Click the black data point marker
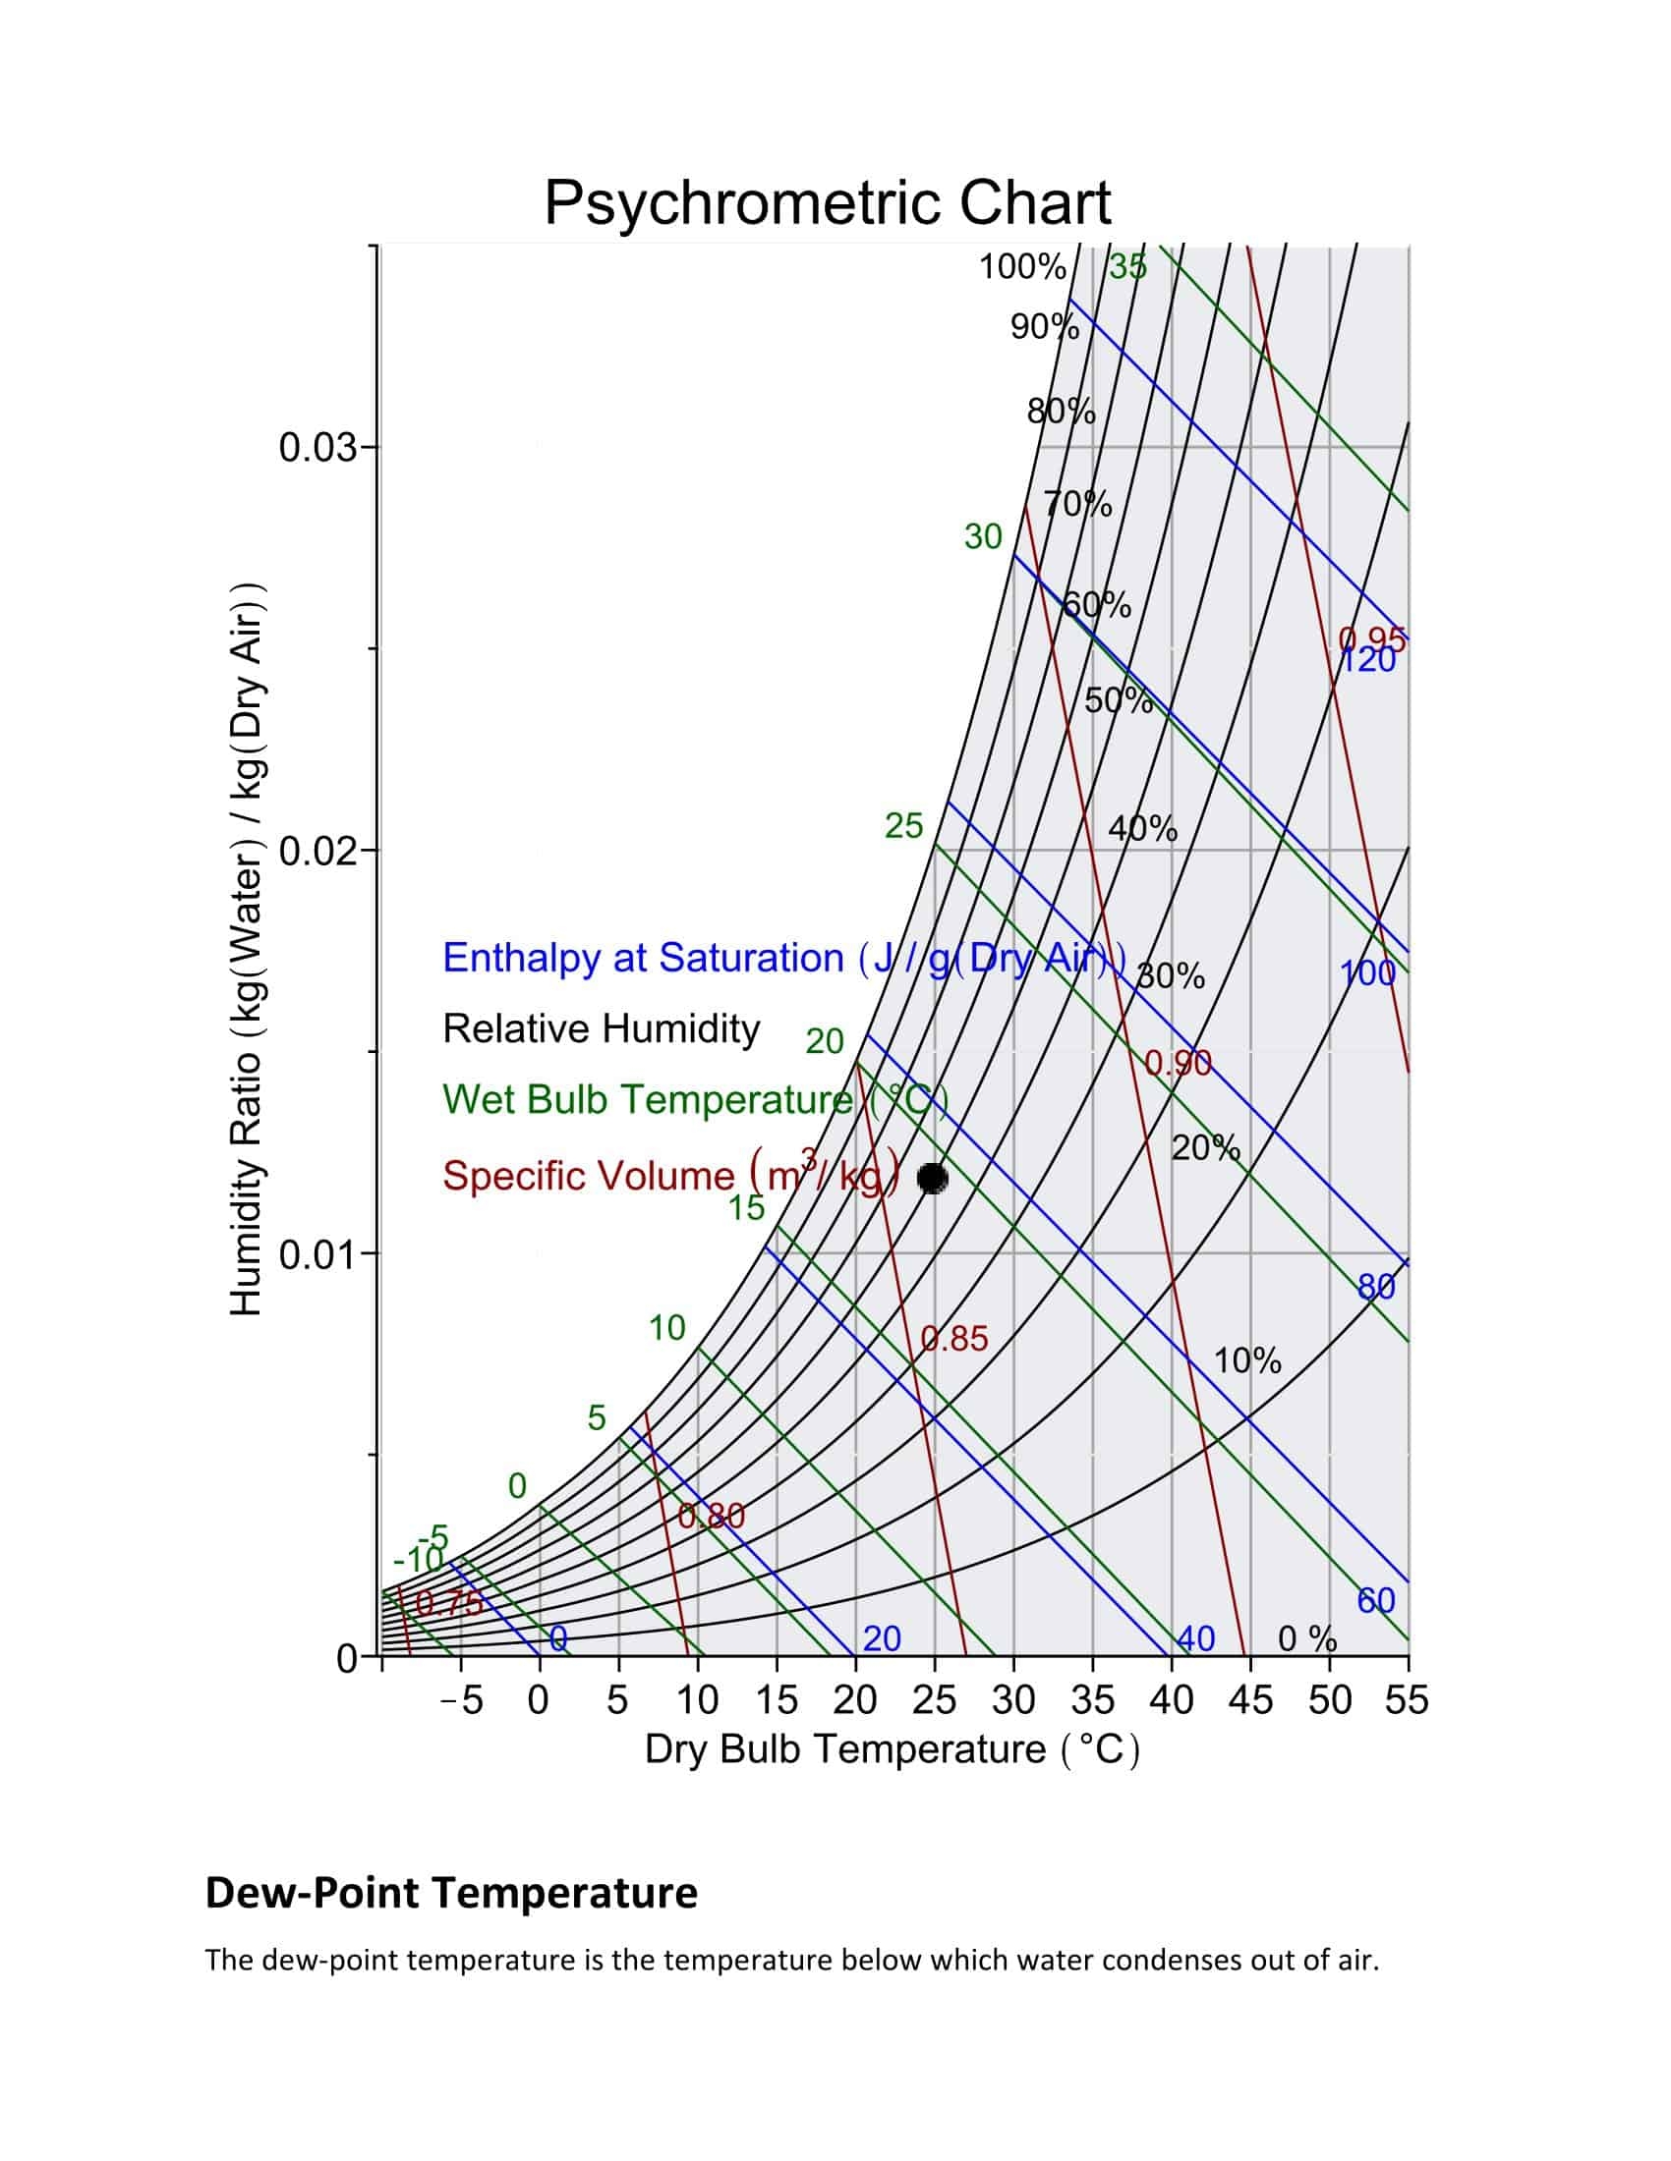[x=932, y=1178]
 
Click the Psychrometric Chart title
[x=828, y=203]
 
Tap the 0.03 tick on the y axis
[x=317, y=448]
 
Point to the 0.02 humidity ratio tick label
[x=317, y=851]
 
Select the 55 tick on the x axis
[x=1407, y=1701]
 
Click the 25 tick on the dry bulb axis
[x=933, y=1701]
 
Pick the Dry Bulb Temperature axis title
[x=892, y=1749]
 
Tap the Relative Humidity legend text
[x=601, y=1029]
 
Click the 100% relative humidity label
[x=1021, y=267]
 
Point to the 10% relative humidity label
[x=1247, y=1361]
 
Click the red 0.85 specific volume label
[x=954, y=1339]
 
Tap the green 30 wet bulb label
[x=983, y=537]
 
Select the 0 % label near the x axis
[x=1306, y=1639]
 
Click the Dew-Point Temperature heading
[x=451, y=1893]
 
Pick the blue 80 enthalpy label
[x=1376, y=1287]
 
